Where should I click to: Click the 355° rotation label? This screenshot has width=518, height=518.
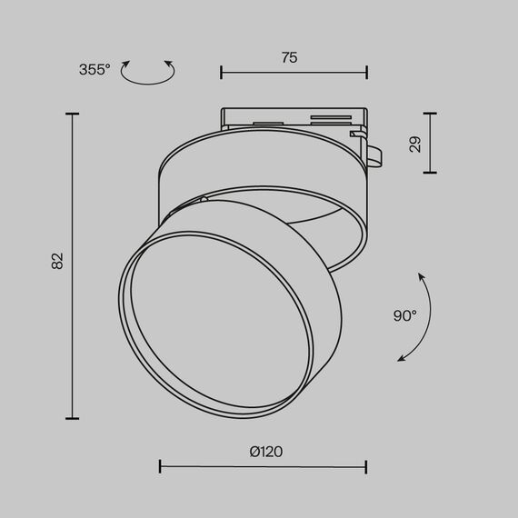click(x=95, y=69)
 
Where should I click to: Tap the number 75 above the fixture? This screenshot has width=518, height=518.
click(x=289, y=57)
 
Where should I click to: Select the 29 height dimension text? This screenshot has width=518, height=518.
click(x=415, y=144)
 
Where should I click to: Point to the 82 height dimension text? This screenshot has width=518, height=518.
click(x=57, y=261)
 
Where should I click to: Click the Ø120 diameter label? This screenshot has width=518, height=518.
click(x=263, y=452)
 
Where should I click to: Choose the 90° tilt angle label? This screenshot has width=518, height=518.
click(x=405, y=315)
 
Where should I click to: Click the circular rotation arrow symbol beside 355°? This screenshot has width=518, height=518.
click(x=147, y=73)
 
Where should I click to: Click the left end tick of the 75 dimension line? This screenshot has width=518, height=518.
click(x=223, y=72)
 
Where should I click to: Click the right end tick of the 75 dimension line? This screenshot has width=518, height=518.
click(x=367, y=72)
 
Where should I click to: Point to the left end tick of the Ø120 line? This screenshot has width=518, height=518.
click(x=160, y=466)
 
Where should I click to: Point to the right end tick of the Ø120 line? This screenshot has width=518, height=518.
click(x=366, y=466)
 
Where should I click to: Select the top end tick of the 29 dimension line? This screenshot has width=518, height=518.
click(x=430, y=114)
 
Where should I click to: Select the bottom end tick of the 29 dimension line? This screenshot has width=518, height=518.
click(x=430, y=173)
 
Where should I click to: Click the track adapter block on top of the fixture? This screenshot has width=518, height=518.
click(x=291, y=121)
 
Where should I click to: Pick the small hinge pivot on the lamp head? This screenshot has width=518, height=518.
click(x=205, y=197)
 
